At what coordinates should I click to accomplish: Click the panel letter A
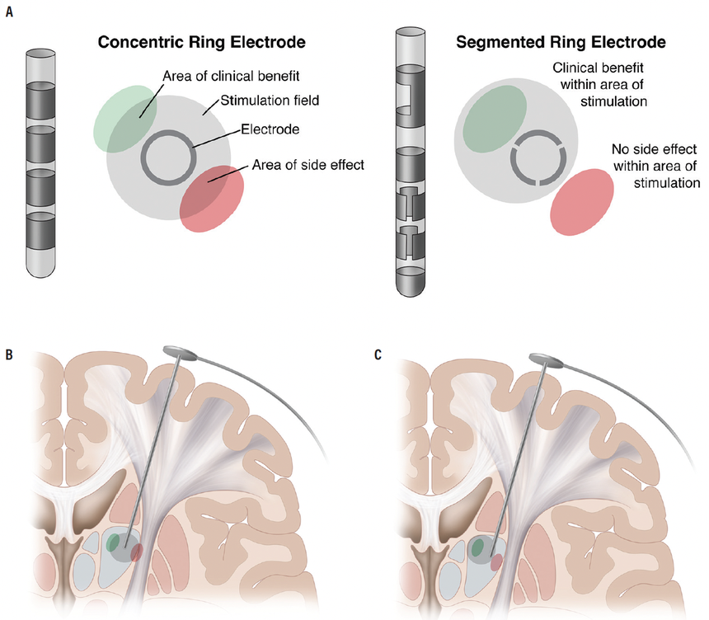10,15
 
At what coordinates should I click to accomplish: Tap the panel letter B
10,355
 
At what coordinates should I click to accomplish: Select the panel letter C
378,355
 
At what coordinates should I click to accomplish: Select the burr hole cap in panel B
181,353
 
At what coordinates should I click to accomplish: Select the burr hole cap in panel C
547,359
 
